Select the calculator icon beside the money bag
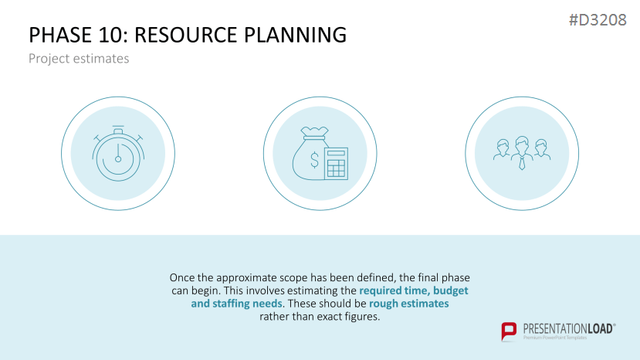point(337,164)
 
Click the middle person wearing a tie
point(522,153)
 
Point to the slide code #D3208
point(598,19)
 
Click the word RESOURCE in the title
point(186,35)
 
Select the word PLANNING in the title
point(296,35)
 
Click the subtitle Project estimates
point(79,59)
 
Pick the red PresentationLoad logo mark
point(509,331)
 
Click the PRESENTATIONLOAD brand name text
point(569,328)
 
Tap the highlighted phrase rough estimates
point(408,304)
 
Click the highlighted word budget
point(451,290)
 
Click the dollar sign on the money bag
point(314,160)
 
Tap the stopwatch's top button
point(118,130)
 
